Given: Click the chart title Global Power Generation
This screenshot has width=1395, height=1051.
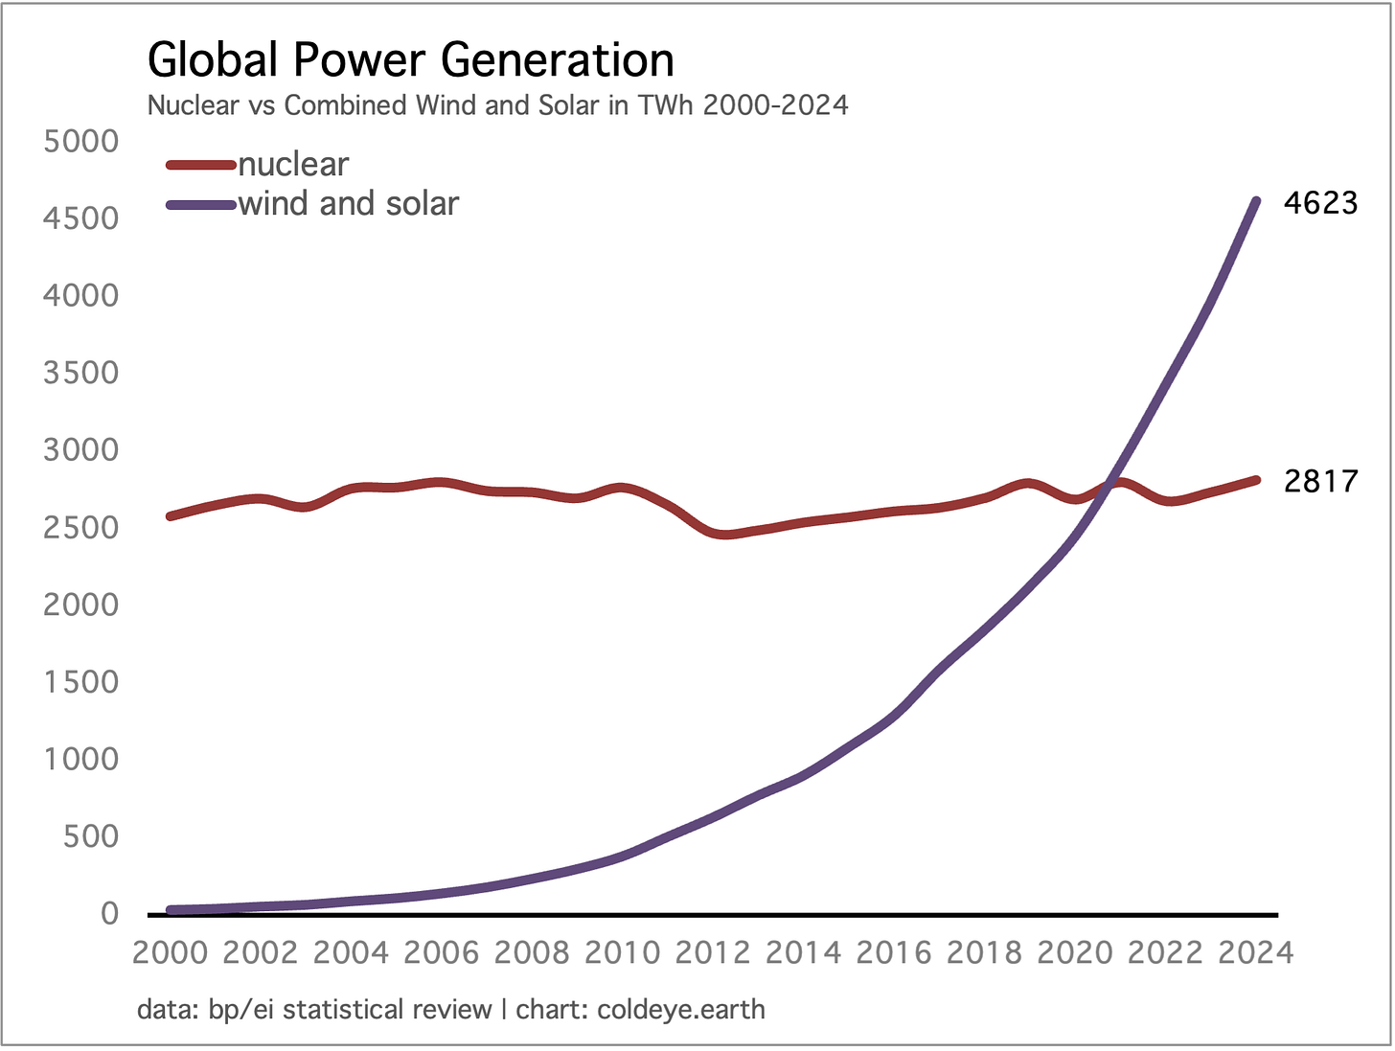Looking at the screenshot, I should tap(411, 59).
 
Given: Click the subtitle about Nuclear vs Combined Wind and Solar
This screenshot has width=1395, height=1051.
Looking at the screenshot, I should tap(497, 104).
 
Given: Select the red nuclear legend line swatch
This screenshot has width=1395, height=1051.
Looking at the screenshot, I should tap(200, 165).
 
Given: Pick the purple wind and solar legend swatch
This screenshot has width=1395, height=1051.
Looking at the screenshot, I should tap(200, 204).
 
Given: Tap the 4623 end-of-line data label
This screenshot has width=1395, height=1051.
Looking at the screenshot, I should tap(1320, 203).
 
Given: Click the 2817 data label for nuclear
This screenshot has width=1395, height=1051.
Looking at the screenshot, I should tap(1320, 480).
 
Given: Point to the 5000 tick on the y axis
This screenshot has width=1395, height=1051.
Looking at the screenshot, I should tap(81, 142).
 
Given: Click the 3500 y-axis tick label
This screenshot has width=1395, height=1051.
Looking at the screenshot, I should tap(81, 373).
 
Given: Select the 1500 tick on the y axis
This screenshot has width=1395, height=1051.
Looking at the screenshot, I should tap(81, 682).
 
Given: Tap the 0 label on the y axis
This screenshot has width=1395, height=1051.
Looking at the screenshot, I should tap(109, 914).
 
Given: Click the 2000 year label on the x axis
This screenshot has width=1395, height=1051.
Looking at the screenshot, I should tap(170, 952).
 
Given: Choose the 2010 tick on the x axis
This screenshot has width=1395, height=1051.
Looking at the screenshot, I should tap(623, 952).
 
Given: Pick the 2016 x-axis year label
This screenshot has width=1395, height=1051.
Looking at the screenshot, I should tap(894, 952).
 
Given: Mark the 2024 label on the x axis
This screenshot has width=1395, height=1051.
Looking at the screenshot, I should tap(1255, 952).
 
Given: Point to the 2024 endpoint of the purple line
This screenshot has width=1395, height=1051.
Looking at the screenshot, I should tap(1256, 201).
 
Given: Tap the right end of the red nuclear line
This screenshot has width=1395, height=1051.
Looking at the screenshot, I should tap(1256, 480).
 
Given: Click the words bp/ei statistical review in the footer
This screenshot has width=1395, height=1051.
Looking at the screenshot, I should tap(349, 1009).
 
